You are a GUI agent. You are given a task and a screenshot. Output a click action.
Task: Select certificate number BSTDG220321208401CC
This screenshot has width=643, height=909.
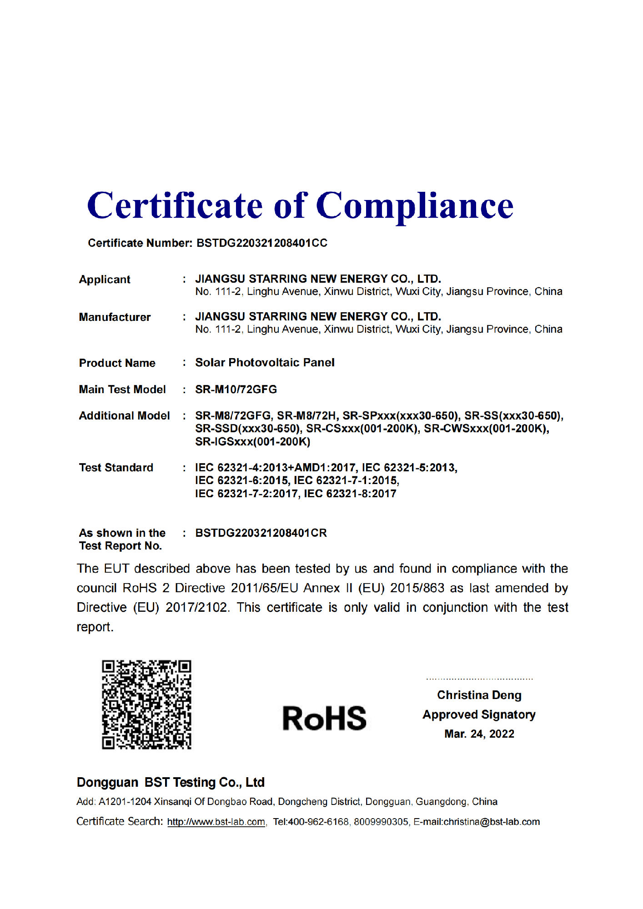point(261,243)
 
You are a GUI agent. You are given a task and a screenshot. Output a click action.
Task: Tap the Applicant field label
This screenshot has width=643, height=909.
point(105,280)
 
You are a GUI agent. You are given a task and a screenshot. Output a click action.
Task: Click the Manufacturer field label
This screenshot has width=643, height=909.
point(115,317)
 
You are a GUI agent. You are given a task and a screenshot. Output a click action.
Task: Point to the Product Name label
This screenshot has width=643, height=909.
point(117,363)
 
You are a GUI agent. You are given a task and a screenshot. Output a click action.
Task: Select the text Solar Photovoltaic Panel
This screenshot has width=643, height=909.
point(265,363)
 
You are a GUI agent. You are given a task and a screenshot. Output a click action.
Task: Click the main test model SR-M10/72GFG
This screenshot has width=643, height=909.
point(236,390)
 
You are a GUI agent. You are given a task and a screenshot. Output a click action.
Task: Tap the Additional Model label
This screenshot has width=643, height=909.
point(124,416)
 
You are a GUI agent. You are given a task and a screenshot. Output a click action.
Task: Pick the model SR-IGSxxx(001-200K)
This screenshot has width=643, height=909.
point(252,442)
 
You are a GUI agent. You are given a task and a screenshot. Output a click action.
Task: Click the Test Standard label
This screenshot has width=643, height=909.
point(116,468)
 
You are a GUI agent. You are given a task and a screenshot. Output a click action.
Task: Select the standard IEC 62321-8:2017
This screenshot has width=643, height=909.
point(350,494)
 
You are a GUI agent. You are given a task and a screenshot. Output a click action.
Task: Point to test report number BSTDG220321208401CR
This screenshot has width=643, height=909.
point(261,533)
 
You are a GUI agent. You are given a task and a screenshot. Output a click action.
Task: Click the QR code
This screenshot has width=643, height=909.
point(146,704)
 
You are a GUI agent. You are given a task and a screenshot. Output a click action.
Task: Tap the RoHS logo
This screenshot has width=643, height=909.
point(324,719)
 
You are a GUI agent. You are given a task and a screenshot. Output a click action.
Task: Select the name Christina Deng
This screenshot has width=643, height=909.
point(479,695)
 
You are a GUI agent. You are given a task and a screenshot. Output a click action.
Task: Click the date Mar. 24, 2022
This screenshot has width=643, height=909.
point(479,734)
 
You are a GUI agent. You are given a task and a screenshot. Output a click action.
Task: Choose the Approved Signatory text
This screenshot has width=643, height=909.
point(479,715)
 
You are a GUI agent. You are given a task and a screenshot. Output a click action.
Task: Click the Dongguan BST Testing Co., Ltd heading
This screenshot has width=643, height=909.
point(171,783)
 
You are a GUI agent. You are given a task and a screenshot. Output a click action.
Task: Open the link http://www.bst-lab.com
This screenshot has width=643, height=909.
point(216,822)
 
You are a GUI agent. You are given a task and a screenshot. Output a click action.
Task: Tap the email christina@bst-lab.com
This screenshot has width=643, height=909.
point(492,822)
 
